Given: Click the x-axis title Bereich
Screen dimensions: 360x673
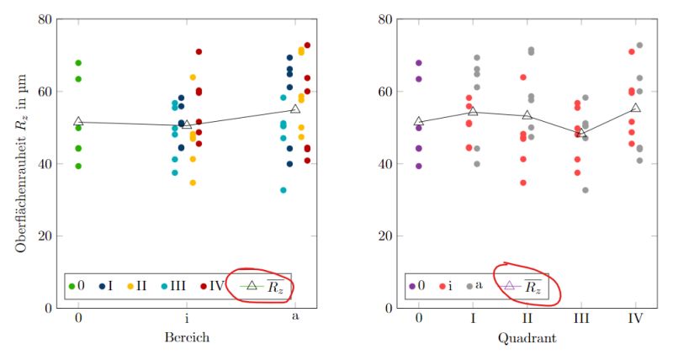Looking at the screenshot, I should coord(186,336).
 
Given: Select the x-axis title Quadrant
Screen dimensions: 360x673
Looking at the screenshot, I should coord(527,336).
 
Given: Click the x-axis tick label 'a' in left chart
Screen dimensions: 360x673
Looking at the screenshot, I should coord(295,317).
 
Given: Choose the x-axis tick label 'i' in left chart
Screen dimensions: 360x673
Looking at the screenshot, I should coord(187,317).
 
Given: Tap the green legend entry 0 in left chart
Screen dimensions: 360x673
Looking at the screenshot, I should coord(77,286).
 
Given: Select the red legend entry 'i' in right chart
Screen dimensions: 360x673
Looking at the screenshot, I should coord(448,286).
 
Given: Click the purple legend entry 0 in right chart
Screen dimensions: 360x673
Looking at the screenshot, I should coord(417,286).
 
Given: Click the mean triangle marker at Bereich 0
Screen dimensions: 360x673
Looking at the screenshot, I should coord(78,122).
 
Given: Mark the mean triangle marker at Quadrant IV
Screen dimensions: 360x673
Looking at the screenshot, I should coord(635,109).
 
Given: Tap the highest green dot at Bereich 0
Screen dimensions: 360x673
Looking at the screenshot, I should coord(78,63).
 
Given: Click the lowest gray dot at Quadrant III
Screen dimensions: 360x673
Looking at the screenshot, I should coord(585,190).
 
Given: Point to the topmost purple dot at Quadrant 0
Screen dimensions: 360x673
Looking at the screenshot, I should coord(419,63).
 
